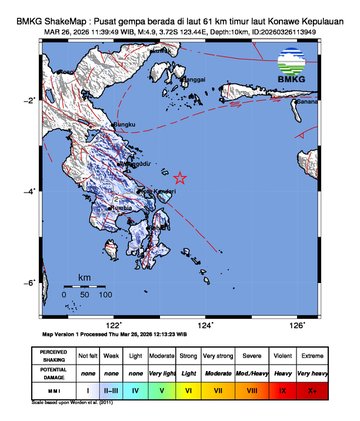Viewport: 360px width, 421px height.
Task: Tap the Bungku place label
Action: pos(122,125)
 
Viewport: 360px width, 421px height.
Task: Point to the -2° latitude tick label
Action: pos(32,101)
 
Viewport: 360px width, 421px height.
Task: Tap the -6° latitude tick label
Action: pos(32,284)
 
